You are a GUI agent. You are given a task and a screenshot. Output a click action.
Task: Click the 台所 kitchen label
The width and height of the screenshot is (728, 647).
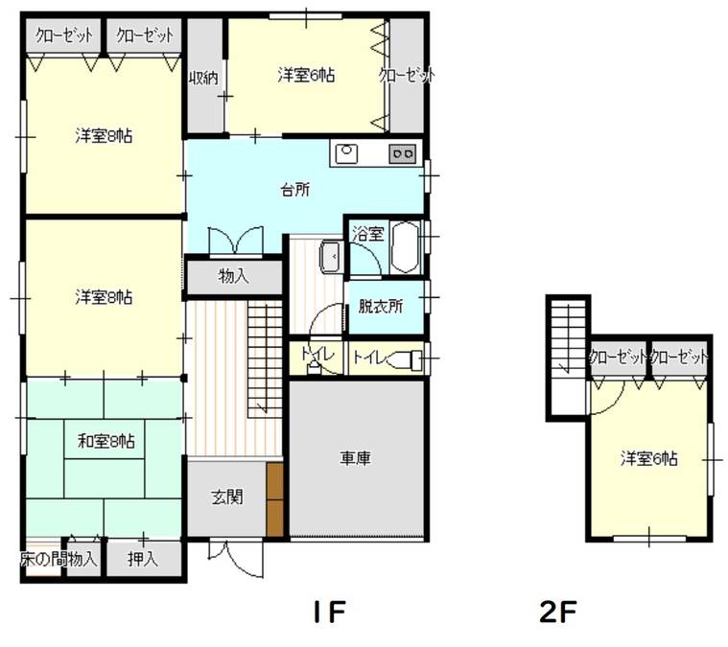pos(295,190)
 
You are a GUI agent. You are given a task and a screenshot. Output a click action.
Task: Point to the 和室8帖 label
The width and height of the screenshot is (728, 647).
pos(106,441)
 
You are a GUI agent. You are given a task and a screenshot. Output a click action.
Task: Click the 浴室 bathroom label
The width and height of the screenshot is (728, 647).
pos(367,232)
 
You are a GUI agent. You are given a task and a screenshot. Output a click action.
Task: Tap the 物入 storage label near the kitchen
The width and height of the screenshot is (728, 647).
pos(234,277)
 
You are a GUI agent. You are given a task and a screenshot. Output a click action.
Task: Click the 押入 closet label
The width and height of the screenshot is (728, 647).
pos(144,559)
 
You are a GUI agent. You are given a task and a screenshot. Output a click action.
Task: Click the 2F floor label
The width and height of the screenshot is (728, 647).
pos(557,611)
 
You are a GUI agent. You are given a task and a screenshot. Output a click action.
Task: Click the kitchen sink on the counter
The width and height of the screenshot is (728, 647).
pos(346,152)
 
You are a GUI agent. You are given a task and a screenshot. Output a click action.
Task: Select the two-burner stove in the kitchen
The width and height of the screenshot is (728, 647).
pos(401,152)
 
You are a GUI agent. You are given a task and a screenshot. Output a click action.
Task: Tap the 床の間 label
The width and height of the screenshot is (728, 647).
pos(39,559)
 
